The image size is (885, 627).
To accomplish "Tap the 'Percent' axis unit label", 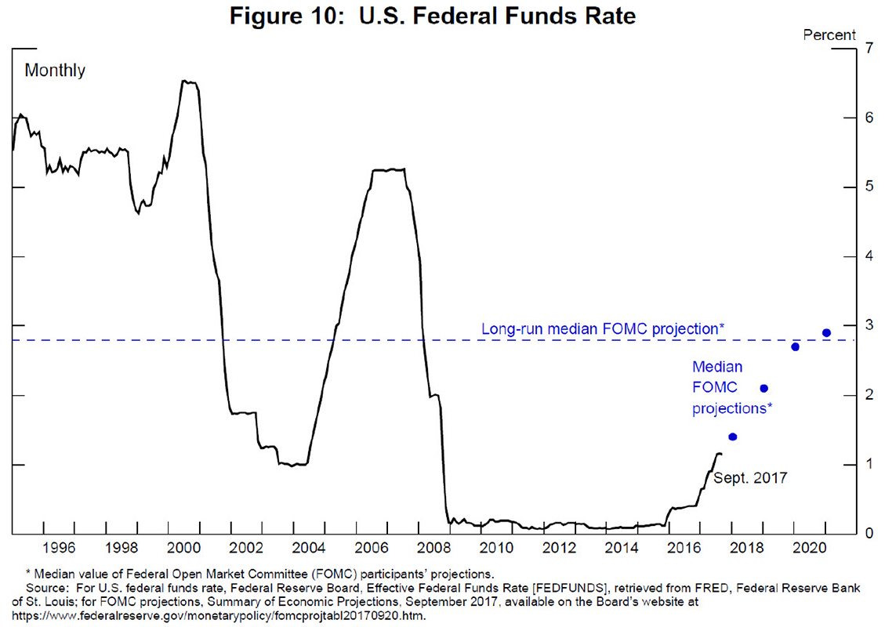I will point(829,34).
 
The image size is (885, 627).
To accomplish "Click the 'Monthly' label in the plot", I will point(55,71).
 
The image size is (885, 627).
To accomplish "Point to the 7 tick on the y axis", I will point(868,48).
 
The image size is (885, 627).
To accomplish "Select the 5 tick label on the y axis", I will point(868,187).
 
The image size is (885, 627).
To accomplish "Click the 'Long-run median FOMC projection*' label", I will point(602,329).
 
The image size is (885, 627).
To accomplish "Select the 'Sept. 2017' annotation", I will point(749,477).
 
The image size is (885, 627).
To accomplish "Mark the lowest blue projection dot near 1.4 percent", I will point(733,437).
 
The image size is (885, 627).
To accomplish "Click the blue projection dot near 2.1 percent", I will point(764,388).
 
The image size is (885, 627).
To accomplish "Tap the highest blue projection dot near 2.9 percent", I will point(826,332).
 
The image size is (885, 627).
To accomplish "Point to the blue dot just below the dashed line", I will point(795,346).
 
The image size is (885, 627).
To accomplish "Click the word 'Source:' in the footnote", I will point(48,588).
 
